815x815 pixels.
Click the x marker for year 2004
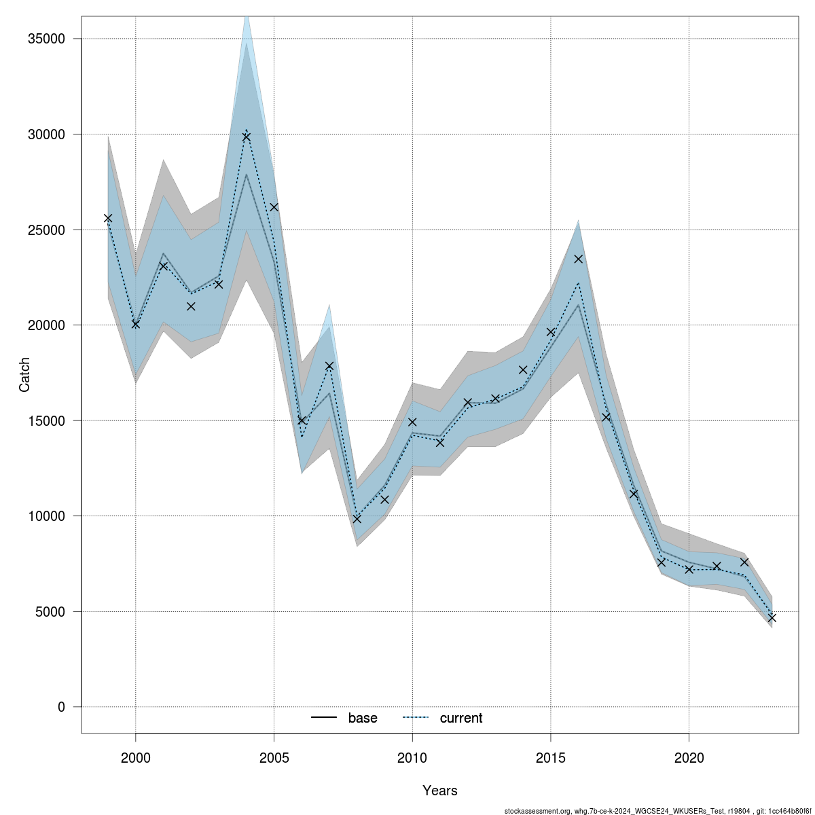(247, 137)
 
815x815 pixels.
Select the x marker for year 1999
(108, 218)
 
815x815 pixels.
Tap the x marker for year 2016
(579, 259)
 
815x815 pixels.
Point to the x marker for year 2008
(357, 519)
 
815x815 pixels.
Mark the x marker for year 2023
(772, 618)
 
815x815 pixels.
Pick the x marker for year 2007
(329, 365)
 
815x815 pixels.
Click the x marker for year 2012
(468, 403)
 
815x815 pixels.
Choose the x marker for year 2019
(662, 562)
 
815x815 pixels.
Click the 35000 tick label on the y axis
(47, 39)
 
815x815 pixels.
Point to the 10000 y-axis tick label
(47, 516)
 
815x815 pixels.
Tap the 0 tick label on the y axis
(62, 707)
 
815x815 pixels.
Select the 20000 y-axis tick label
(47, 325)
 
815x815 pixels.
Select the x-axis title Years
(440, 791)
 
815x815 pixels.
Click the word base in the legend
(363, 718)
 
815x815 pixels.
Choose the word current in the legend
(461, 718)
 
